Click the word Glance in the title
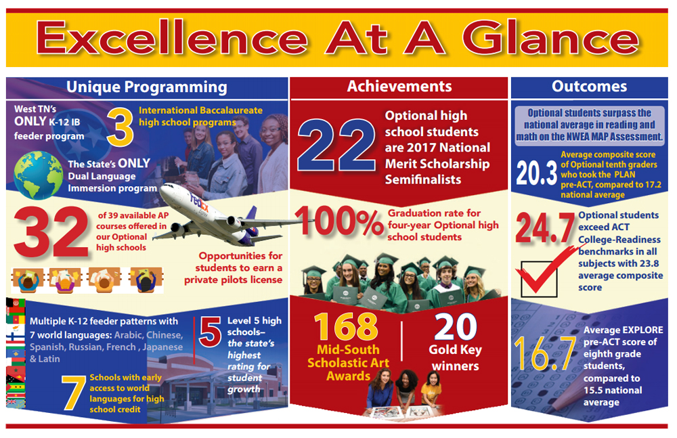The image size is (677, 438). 551,39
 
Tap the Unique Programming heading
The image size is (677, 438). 147,87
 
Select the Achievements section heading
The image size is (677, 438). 399,87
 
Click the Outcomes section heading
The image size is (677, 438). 590,87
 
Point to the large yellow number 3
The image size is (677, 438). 120,127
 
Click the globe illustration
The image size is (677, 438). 38,175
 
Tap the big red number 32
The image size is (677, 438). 51,232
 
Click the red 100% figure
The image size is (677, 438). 339,221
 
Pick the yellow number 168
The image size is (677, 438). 346,327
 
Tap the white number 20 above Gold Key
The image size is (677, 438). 456,327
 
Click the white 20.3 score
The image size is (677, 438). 537,173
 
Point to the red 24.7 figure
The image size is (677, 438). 545,227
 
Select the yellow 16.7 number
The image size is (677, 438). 545,353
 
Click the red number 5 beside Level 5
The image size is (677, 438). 211,332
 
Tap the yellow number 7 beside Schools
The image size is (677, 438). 73,393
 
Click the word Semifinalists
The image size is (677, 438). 423,179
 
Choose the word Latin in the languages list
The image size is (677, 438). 49,359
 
